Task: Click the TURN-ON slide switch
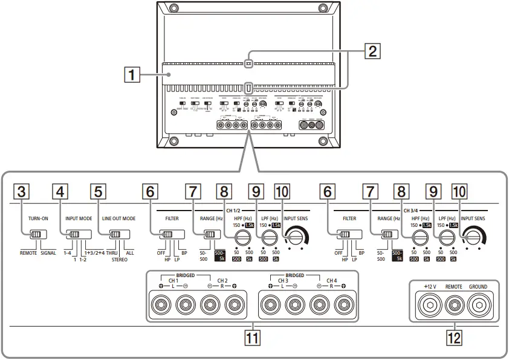(36, 235)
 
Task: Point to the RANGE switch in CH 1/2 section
(210, 235)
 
